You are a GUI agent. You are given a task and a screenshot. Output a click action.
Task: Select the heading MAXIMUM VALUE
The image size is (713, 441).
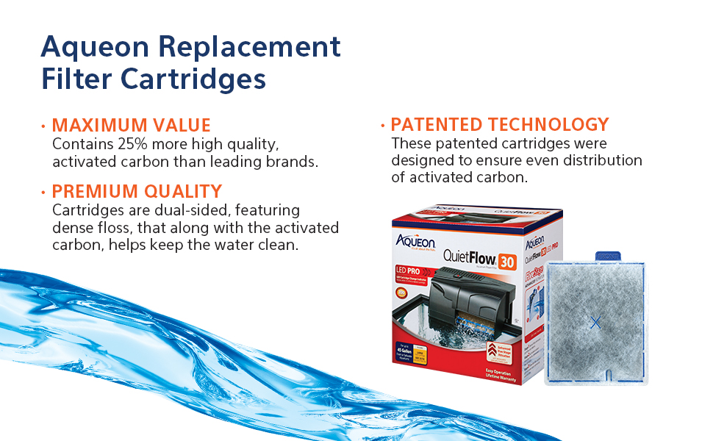tap(131, 125)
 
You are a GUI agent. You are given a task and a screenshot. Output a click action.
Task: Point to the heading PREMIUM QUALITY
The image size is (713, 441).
tap(137, 192)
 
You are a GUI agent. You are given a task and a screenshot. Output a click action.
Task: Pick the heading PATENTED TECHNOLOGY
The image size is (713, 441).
tap(500, 124)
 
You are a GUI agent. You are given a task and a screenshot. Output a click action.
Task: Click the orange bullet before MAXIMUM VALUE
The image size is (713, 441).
tap(43, 126)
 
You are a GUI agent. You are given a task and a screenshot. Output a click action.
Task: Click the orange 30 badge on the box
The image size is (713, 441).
tap(506, 259)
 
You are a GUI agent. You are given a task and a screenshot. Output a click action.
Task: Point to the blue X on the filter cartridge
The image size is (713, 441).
tap(595, 321)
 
